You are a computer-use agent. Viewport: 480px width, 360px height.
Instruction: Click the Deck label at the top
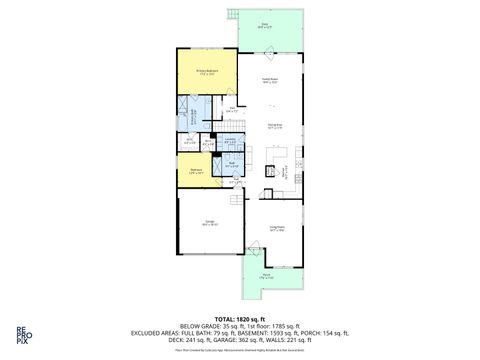tap(264, 27)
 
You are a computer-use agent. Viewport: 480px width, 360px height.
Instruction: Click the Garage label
tap(210, 222)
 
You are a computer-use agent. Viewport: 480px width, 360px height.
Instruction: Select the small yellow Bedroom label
tap(198, 172)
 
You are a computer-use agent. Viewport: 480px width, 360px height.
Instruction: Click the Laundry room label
tap(229, 140)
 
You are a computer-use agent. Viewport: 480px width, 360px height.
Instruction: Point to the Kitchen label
tap(285, 171)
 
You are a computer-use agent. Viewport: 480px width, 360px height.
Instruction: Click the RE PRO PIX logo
tap(21, 336)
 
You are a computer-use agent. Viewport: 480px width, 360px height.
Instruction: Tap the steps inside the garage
tap(236, 199)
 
